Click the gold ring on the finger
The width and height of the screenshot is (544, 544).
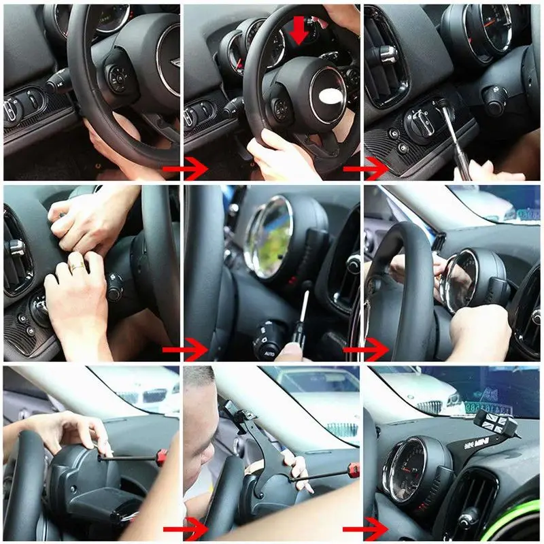click(80, 267)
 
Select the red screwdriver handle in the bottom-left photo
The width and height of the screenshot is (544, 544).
click(161, 456)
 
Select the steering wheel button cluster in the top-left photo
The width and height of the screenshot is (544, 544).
click(117, 77)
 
